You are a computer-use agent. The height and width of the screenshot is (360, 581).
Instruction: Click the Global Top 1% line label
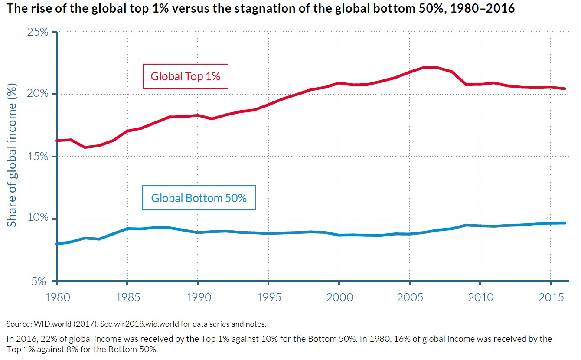pos(186,76)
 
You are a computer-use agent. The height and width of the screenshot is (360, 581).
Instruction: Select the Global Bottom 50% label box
pos(199,198)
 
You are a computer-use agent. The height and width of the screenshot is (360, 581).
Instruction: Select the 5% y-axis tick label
pos(39,281)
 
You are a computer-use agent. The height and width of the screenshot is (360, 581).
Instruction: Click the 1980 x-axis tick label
pos(57,297)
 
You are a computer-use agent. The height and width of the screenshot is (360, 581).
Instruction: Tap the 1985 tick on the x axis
pos(127,297)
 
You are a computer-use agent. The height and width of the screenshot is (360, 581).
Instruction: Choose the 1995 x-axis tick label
pos(268,297)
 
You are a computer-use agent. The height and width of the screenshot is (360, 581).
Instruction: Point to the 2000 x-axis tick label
pos(339,297)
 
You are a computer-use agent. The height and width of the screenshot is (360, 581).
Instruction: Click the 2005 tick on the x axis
pos(409,297)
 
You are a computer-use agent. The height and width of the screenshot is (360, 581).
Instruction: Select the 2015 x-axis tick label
pos(550,297)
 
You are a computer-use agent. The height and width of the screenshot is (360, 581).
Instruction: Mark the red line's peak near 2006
pos(424,67)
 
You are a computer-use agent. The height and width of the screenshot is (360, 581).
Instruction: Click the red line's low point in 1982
pos(85,147)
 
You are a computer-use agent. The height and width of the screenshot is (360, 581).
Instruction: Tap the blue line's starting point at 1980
pos(57,244)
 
